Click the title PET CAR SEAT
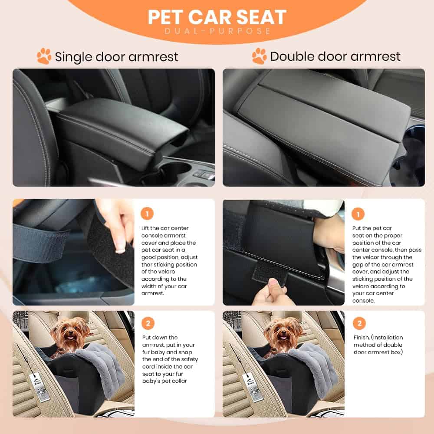click(x=217, y=17)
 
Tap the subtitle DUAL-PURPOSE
click(x=217, y=31)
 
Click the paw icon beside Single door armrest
click(x=44, y=56)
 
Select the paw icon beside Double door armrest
click(x=260, y=56)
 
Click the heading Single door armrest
click(x=116, y=57)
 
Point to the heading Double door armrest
click(x=335, y=56)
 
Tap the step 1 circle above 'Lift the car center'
click(x=147, y=214)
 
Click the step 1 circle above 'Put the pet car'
click(x=358, y=214)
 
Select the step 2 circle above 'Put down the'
click(x=148, y=323)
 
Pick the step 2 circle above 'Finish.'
click(x=359, y=323)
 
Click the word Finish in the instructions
click(x=362, y=337)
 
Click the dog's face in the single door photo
click(x=69, y=332)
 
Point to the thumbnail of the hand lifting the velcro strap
click(x=73, y=252)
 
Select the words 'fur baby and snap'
click(x=167, y=352)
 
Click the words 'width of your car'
click(x=164, y=286)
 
